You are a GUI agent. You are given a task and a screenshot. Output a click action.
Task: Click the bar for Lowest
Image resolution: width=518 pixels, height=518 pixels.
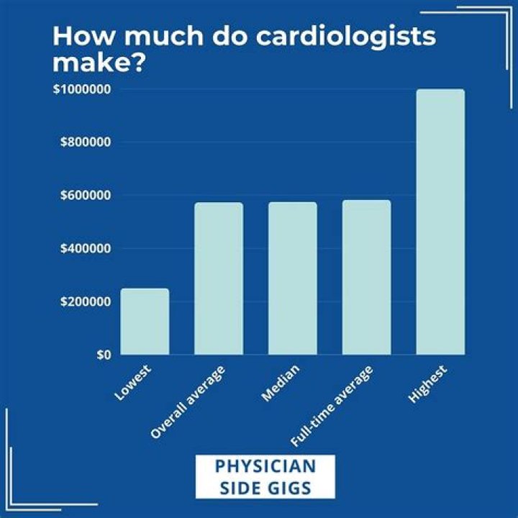(145, 322)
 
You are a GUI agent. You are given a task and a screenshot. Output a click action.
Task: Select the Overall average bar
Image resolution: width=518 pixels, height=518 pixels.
(219, 278)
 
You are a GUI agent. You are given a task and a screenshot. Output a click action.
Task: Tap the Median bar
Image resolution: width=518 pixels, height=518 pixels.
(293, 278)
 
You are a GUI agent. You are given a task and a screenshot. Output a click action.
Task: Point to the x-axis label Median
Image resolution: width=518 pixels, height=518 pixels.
(281, 383)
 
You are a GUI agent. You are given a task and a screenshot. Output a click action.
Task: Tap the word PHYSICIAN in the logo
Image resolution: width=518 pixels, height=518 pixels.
(265, 466)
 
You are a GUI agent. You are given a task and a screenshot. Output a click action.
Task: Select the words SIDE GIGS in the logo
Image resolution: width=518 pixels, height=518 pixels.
(265, 487)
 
